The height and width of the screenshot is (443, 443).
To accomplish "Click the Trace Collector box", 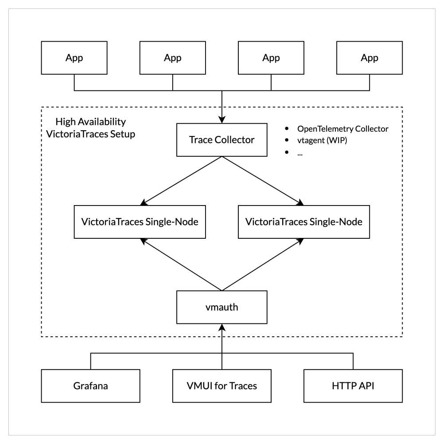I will pyautogui.click(x=221, y=140).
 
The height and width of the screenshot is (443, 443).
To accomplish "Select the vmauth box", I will pyautogui.click(x=221, y=307).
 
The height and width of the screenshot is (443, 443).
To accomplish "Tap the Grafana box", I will pyautogui.click(x=90, y=385).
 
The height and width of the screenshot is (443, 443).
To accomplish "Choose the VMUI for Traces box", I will pyautogui.click(x=221, y=385).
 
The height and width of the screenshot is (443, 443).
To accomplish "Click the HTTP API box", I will pyautogui.click(x=354, y=385).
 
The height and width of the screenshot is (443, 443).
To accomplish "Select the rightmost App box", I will pyautogui.click(x=369, y=58).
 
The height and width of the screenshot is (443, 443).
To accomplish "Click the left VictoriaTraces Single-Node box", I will pyautogui.click(x=140, y=222).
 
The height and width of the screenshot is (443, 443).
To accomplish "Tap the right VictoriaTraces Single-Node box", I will pyautogui.click(x=304, y=222).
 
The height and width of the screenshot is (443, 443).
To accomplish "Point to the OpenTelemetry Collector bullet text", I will pyautogui.click(x=342, y=129).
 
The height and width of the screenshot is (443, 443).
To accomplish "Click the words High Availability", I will pyautogui.click(x=90, y=122).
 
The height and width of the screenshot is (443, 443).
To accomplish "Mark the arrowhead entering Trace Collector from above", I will pyautogui.click(x=221, y=120).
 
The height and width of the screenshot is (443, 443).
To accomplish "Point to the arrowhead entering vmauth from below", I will pyautogui.click(x=221, y=327).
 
